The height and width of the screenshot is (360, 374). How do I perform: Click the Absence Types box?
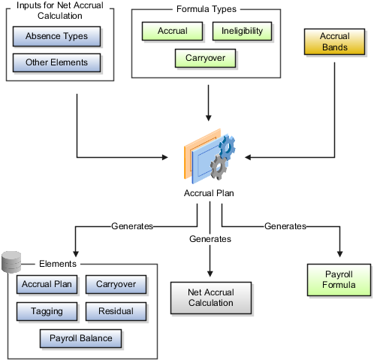pyautogui.click(x=56, y=36)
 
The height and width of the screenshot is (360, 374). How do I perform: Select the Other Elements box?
pyautogui.click(x=56, y=62)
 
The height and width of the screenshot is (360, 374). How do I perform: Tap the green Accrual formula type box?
pyautogui.click(x=172, y=31)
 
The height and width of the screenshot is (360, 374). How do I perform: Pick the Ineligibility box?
pyautogui.click(x=242, y=31)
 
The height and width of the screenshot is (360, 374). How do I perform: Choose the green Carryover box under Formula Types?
pyautogui.click(x=205, y=58)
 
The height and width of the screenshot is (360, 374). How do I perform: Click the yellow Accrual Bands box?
pyautogui.click(x=334, y=41)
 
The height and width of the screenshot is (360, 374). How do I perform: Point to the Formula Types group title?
pyautogui.click(x=207, y=9)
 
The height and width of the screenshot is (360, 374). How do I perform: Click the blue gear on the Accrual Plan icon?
pyautogui.click(x=227, y=147)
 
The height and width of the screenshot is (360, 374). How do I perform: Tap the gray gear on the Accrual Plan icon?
pyautogui.click(x=219, y=167)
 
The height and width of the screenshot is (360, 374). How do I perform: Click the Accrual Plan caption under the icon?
pyautogui.click(x=209, y=193)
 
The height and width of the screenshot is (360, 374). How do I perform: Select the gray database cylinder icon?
pyautogui.click(x=11, y=262)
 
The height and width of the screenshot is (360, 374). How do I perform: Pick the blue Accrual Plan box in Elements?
pyautogui.click(x=47, y=284)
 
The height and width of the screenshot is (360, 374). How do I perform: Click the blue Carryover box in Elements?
pyautogui.click(x=116, y=284)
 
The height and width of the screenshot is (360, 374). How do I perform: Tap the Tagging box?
pyautogui.click(x=47, y=311)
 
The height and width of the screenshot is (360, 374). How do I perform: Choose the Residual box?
pyautogui.click(x=116, y=311)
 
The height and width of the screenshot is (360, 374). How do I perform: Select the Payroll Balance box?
pyautogui.click(x=80, y=338)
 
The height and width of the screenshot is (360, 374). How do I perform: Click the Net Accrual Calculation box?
pyautogui.click(x=211, y=298)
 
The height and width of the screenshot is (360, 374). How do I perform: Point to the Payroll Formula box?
pyautogui.click(x=339, y=280)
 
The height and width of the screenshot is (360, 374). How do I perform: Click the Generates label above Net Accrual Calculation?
pyautogui.click(x=210, y=239)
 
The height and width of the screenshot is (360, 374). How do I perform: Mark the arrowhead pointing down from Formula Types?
pyautogui.click(x=208, y=118)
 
